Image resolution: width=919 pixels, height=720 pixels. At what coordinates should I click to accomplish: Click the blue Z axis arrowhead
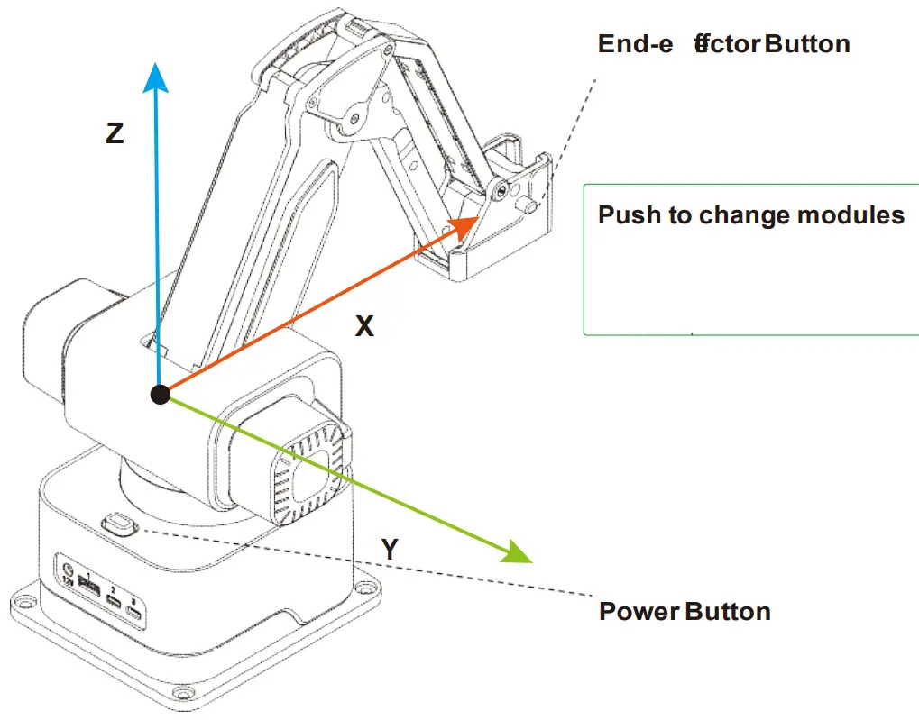[x=158, y=77]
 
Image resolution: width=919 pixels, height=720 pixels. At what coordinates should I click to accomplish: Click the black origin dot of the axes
[x=161, y=394]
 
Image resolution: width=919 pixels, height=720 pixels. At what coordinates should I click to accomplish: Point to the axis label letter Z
[x=115, y=134]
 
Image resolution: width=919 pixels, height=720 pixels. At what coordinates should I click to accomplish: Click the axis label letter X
[x=364, y=326]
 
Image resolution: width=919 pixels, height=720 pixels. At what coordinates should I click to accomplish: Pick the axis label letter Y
[x=390, y=550]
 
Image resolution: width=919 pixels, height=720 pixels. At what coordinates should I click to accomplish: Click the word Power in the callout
[x=639, y=612]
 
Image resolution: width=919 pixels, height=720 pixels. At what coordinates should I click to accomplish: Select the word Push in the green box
[x=630, y=215]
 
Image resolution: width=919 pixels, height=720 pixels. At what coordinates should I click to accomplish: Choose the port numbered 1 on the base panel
[x=89, y=588]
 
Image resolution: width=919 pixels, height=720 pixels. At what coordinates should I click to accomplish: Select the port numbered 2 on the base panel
[x=114, y=601]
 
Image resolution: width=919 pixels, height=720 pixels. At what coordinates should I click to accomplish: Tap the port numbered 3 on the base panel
[x=134, y=614]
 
